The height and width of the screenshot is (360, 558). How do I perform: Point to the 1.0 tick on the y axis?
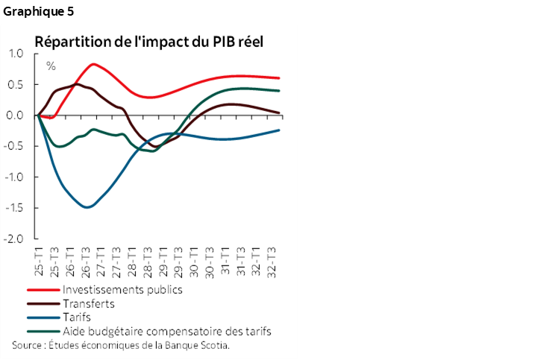[x=16, y=54]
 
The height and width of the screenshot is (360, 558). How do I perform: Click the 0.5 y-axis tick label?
[x=16, y=84]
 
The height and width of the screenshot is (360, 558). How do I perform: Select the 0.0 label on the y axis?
[x=16, y=116]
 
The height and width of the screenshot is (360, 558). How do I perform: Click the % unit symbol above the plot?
[x=51, y=66]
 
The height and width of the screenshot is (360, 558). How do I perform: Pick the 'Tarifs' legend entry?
[x=78, y=318]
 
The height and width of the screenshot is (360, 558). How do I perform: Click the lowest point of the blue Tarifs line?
[x=88, y=207]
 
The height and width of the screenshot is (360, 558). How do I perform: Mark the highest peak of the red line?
[x=94, y=64]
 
